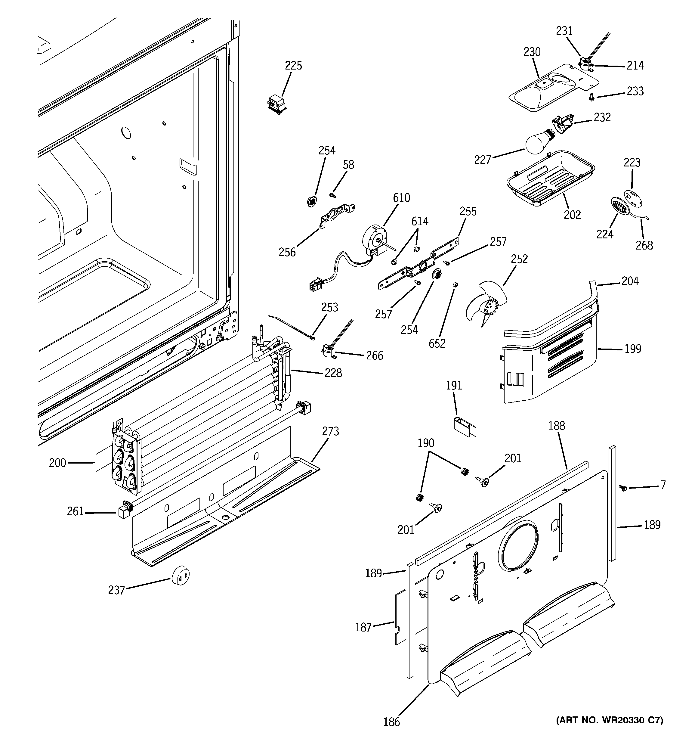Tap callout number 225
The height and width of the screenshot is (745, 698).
293,66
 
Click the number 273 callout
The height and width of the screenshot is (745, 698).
330,431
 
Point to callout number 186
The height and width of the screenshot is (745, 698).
391,722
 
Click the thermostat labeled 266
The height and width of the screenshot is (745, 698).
328,350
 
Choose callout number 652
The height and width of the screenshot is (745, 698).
437,343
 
